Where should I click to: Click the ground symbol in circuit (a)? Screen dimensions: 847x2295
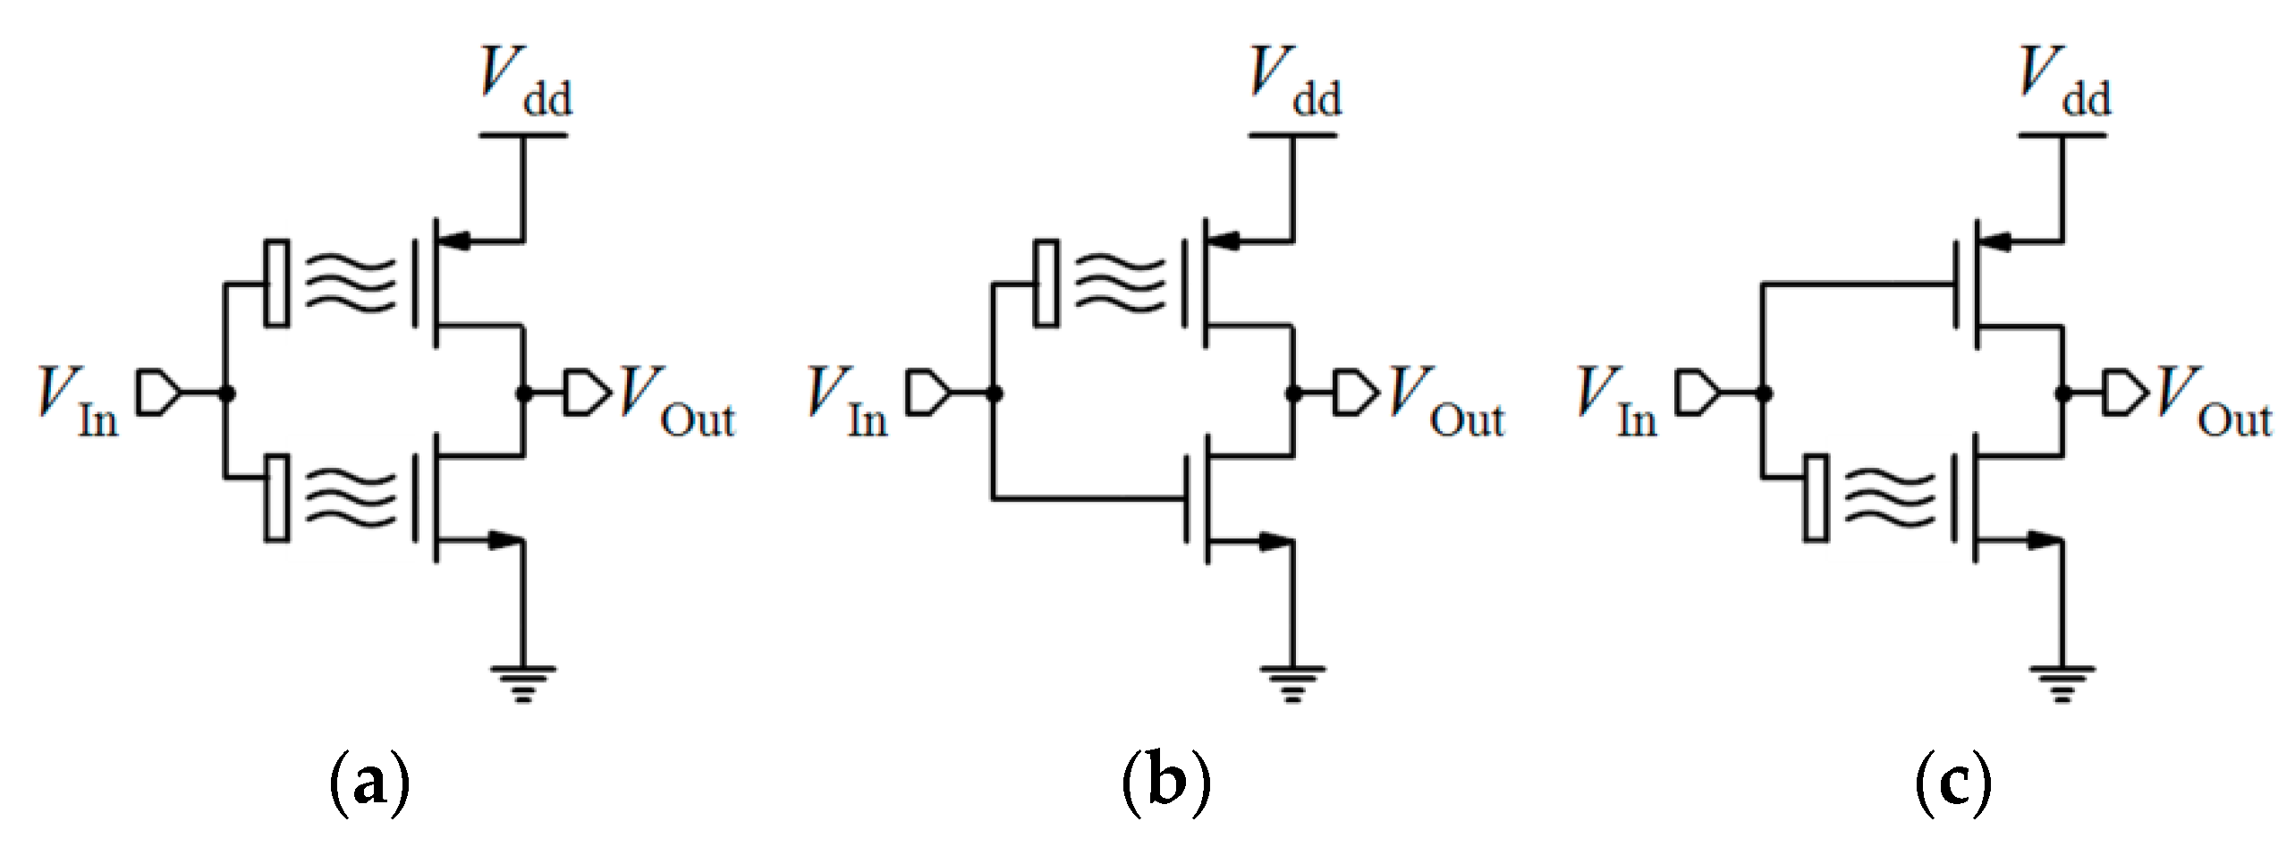523,684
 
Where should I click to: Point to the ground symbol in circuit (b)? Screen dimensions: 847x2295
1292,684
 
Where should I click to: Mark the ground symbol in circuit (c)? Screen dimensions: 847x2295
2062,684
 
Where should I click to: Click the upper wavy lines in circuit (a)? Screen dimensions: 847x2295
350,284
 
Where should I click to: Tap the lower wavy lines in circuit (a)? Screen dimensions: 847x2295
350,497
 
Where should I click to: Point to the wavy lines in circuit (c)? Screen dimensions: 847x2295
1889,497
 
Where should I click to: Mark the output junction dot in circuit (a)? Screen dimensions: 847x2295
524,394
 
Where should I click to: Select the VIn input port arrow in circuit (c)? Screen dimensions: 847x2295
1697,394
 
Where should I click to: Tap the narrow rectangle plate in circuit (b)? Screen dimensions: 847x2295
1046,283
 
